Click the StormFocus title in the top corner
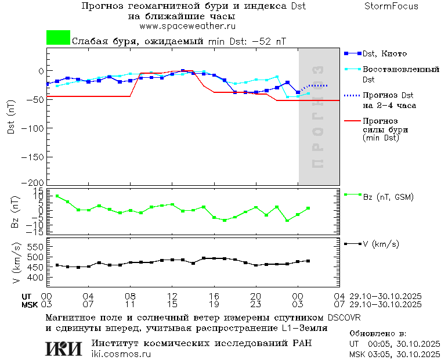pyautogui.click(x=391, y=6)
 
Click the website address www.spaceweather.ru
pyautogui.click(x=187, y=26)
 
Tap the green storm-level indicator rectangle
pyautogui.click(x=58, y=38)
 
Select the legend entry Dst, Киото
pyautogui.click(x=385, y=54)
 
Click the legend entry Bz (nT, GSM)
pyautogui.click(x=388, y=197)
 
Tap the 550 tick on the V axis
pyautogui.click(x=36, y=247)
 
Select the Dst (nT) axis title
pyautogui.click(x=12, y=120)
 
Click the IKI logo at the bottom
pyautogui.click(x=63, y=348)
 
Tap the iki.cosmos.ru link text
pyautogui.click(x=121, y=354)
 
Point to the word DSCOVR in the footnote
pyautogui.click(x=344, y=318)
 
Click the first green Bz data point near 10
pyautogui.click(x=57, y=196)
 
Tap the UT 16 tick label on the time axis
pyautogui.click(x=215, y=296)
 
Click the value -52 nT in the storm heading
pyautogui.click(x=272, y=42)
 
